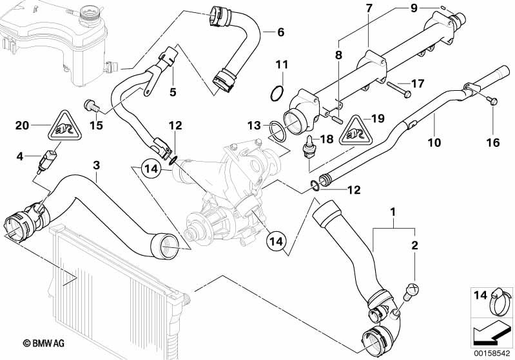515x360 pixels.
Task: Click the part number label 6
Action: point(280,32)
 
